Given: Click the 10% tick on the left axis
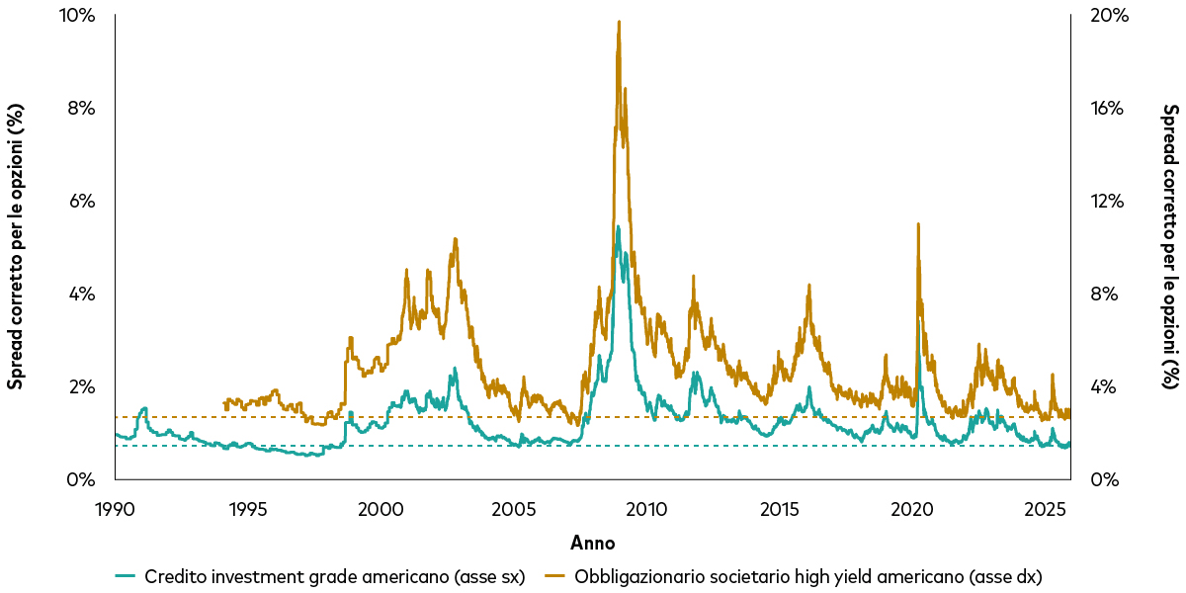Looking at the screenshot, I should point(79,16).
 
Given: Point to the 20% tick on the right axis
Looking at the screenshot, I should point(1108,16).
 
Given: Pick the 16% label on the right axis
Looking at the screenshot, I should point(1107,109).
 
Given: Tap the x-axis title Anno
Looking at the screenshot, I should point(592,543).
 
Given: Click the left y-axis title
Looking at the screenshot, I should point(16,247).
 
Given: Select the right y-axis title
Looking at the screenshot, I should point(1170,247).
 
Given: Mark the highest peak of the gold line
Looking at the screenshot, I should point(619,22).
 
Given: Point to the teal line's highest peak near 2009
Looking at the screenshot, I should point(618,226).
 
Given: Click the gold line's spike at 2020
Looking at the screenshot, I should point(918,224).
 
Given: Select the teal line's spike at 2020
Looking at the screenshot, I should point(919,318).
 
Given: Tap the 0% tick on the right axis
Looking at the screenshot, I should point(1104,480).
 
